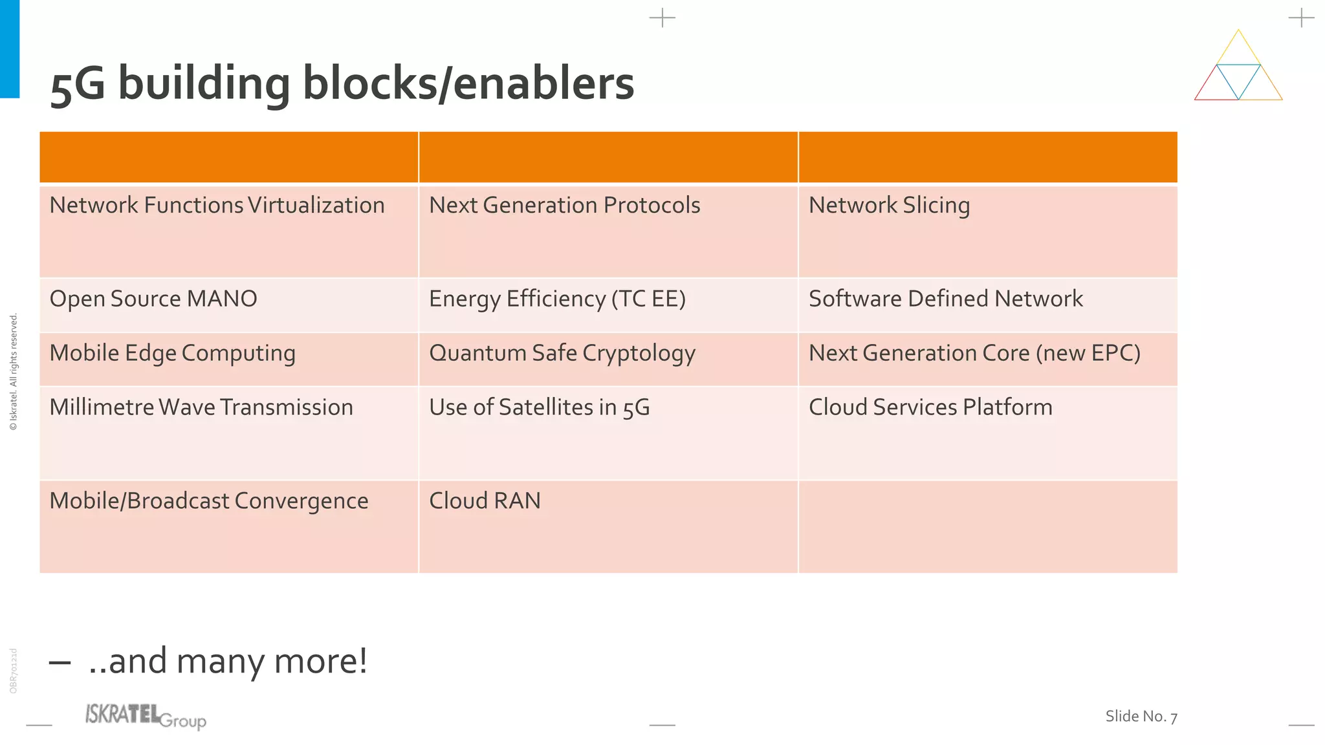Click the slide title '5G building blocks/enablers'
pos(342,84)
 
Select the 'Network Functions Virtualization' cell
pos(217,206)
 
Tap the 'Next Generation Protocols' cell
pos(564,206)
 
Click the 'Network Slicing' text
pos(889,206)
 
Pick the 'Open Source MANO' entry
pos(153,299)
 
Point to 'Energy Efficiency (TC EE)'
pos(557,299)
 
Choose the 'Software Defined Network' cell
pos(945,299)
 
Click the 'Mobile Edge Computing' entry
pos(172,353)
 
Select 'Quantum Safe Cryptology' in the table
pos(562,353)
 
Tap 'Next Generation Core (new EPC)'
pos(974,353)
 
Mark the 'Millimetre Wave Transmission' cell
pos(201,407)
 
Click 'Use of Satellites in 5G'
pos(539,407)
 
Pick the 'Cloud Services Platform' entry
pos(930,407)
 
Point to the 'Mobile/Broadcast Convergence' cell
pos(208,501)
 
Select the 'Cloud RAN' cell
pos(485,501)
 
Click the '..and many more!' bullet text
pos(228,661)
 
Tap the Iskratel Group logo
pos(146,717)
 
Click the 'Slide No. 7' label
pos(1141,717)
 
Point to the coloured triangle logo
pos(1238,68)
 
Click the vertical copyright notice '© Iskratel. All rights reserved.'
pos(14,372)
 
